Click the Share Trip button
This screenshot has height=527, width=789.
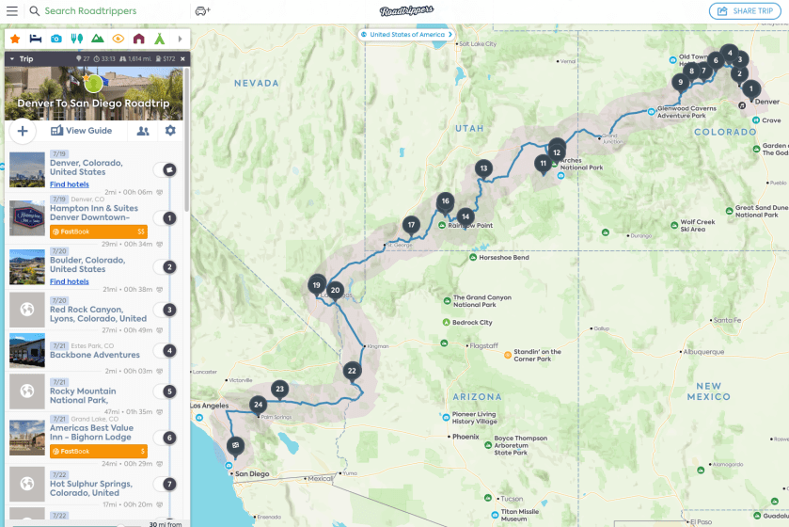tap(746, 11)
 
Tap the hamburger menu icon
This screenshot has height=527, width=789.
tap(11, 11)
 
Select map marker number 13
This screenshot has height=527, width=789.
tap(483, 169)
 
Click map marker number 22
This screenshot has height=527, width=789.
tap(352, 371)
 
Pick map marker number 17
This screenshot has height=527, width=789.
tap(411, 225)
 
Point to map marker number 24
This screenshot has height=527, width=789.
tap(259, 405)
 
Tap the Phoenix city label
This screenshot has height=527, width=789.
tap(466, 437)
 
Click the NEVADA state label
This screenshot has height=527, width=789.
tap(256, 83)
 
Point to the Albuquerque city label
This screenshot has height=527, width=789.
tap(702, 352)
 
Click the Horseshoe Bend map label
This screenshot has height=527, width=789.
tap(504, 257)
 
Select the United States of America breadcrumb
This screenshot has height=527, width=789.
tap(406, 35)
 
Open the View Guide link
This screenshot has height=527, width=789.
tap(82, 131)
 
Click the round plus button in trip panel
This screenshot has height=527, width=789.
tap(23, 131)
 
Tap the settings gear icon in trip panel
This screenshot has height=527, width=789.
tap(170, 131)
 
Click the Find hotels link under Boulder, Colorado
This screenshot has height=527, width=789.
tap(70, 281)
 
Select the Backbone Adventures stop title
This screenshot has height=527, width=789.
tap(95, 355)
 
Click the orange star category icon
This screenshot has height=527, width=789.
tap(15, 39)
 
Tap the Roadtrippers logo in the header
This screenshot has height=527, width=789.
tap(406, 11)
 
